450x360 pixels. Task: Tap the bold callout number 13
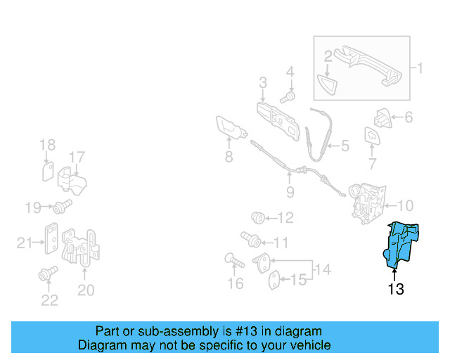pos(396,289)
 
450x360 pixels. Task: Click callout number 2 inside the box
pos(328,56)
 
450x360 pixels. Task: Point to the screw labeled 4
pos(288,98)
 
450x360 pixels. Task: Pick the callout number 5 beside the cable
pos(345,146)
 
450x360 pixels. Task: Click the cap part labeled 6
pos(382,118)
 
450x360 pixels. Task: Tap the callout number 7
pos(372,164)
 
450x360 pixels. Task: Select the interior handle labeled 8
pos(231,129)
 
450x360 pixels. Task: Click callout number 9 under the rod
pos(290,192)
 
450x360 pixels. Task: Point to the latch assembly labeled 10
pos(367,203)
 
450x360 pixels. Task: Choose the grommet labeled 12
pos(258,217)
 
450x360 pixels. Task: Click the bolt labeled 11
pos(250,240)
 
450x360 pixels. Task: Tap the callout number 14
pos(323,269)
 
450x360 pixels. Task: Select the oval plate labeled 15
pos(274,280)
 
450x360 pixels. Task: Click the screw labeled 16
pos(234,260)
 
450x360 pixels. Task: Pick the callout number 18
pos(47,145)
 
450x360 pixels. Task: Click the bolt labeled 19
pos(63,207)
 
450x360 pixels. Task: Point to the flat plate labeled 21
pos(51,238)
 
